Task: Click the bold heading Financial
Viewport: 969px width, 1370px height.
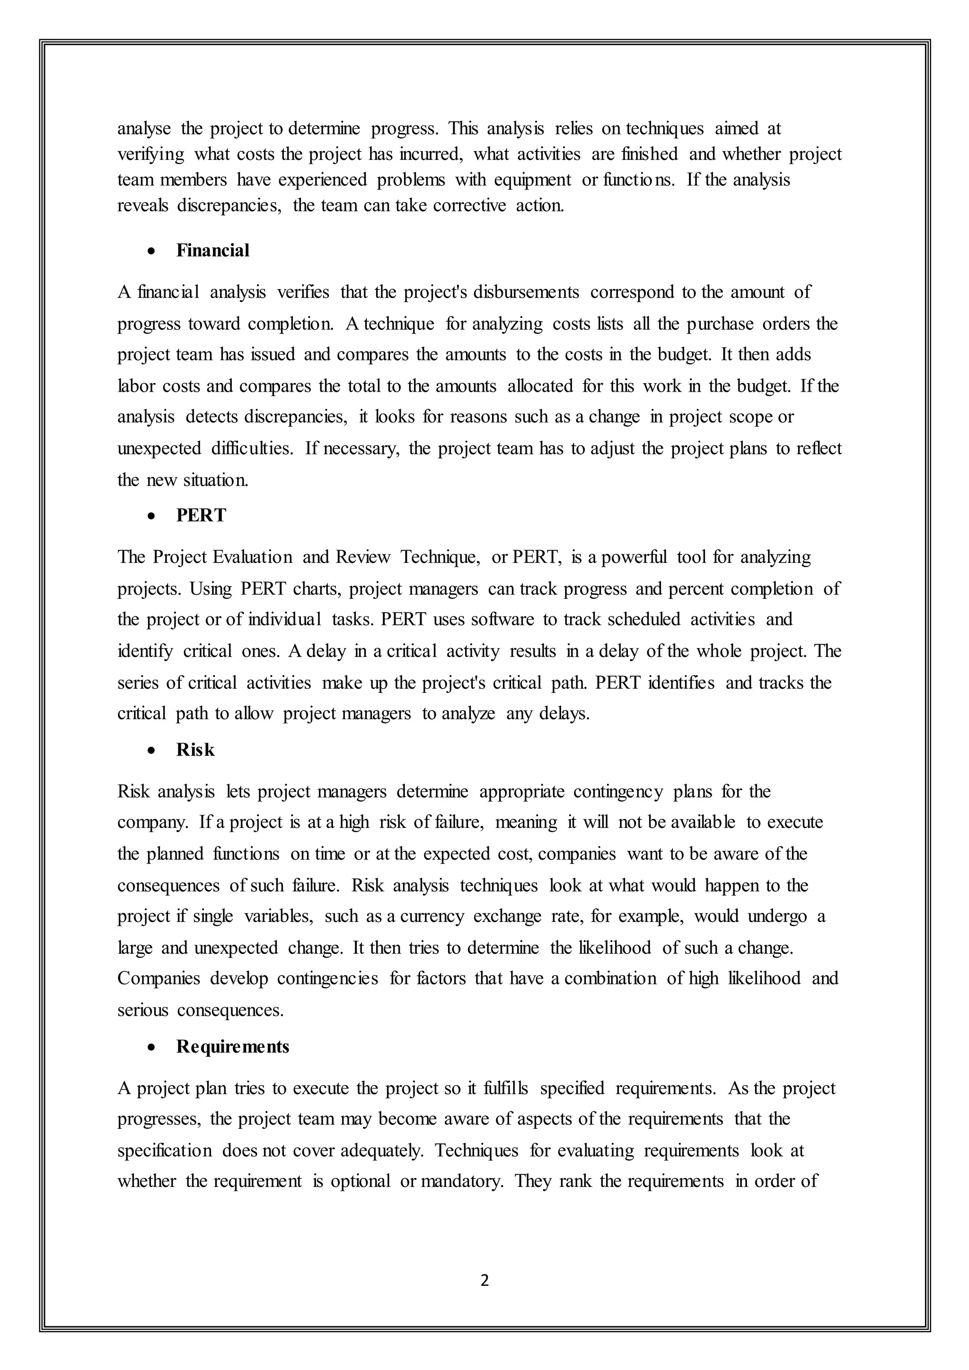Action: pos(212,251)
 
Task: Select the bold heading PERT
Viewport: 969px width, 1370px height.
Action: pos(201,516)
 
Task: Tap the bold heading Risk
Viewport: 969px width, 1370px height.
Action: pos(195,750)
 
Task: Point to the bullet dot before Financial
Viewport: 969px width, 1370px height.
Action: pos(153,252)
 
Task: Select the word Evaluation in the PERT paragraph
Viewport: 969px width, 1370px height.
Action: pos(252,557)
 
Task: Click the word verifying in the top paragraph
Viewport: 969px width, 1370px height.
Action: pos(151,155)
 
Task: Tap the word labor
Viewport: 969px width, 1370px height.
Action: pos(136,386)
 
